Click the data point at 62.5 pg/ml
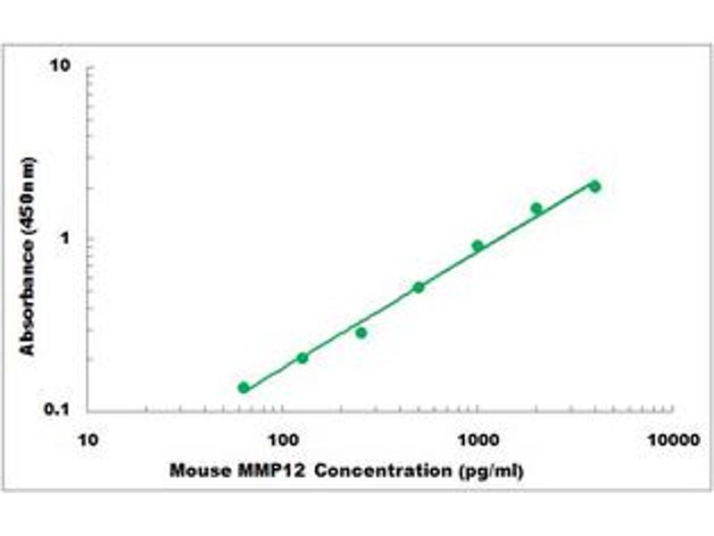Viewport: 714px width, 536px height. pyautogui.click(x=244, y=388)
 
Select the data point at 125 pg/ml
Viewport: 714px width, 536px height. pyautogui.click(x=303, y=358)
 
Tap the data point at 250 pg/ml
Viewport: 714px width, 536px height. pyautogui.click(x=361, y=332)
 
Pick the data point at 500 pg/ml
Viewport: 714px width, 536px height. pyautogui.click(x=419, y=287)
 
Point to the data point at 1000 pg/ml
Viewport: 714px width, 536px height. pyautogui.click(x=477, y=246)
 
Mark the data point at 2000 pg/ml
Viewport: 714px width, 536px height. pyautogui.click(x=536, y=208)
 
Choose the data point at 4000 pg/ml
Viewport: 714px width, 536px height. pyautogui.click(x=595, y=186)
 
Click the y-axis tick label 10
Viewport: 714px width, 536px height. pyautogui.click(x=61, y=67)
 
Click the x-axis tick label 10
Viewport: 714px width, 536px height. pyautogui.click(x=87, y=440)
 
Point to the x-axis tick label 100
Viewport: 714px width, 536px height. pyautogui.click(x=283, y=440)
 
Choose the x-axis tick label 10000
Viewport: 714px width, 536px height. pyautogui.click(x=672, y=440)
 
